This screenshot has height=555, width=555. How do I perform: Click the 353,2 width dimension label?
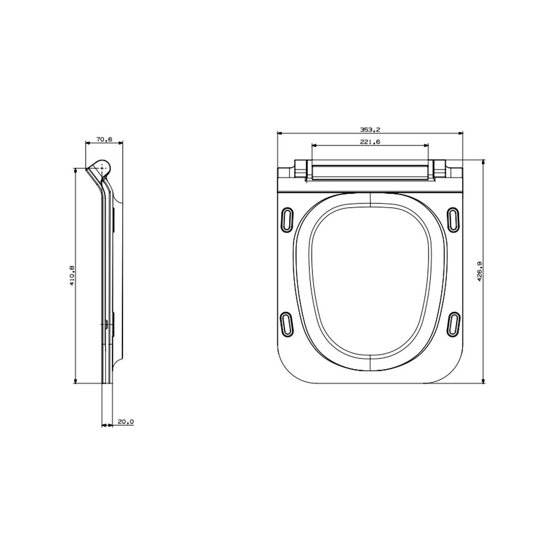click(370, 129)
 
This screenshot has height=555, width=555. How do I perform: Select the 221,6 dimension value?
click(370, 142)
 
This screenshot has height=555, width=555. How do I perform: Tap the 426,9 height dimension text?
click(480, 271)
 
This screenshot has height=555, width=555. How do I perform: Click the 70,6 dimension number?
click(104, 139)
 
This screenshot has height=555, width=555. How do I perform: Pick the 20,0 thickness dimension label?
click(126, 422)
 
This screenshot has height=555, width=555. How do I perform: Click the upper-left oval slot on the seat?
click(287, 220)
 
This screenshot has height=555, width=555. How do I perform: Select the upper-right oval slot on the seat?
click(453, 220)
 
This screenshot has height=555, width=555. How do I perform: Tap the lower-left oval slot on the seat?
click(287, 324)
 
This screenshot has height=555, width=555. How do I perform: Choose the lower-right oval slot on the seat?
click(453, 324)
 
